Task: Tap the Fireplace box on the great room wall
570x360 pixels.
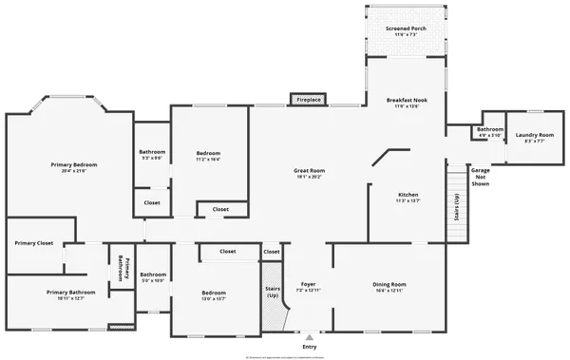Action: [309, 99]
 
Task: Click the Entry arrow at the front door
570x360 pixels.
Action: [309, 337]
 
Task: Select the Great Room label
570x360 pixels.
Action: [309, 173]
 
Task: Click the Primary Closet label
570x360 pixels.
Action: [34, 243]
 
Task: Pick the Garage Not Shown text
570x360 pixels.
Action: [481, 178]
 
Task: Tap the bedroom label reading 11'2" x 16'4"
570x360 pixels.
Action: [208, 156]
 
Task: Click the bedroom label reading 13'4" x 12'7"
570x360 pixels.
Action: [213, 295]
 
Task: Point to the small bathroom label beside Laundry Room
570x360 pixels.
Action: [490, 131]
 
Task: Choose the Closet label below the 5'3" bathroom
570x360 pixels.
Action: [152, 202]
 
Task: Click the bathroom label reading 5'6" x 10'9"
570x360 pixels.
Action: [154, 277]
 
